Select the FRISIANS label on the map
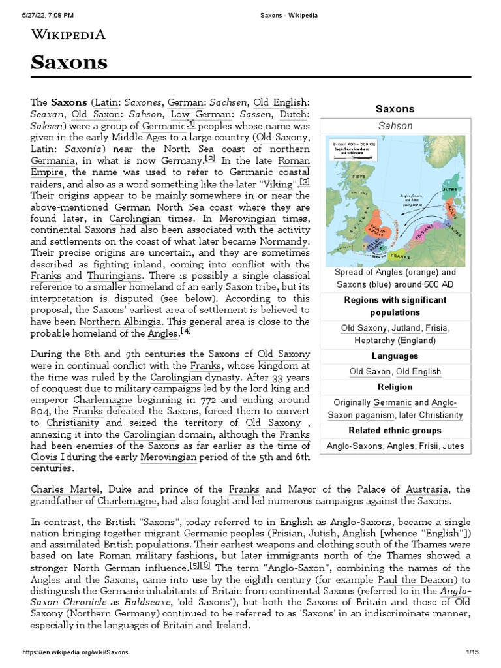425,230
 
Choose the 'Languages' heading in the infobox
395,356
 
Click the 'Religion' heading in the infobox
395,387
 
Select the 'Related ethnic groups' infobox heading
395,431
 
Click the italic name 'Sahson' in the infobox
395,125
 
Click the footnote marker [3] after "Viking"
305,181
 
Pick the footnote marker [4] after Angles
186,331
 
